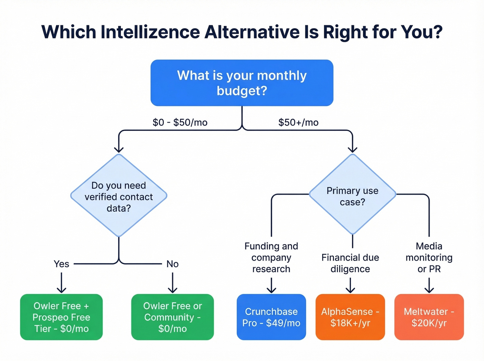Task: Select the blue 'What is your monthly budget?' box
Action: tap(242, 83)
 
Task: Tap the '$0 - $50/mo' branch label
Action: tap(180, 122)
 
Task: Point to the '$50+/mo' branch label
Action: tap(298, 122)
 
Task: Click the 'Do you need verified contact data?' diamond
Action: tap(119, 196)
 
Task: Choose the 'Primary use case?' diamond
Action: tap(352, 195)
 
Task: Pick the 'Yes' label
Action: tap(62, 264)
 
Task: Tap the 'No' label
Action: tap(173, 264)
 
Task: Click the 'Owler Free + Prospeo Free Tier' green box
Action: tap(62, 317)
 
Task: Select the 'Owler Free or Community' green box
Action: tap(173, 317)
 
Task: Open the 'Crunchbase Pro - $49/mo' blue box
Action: tap(271, 317)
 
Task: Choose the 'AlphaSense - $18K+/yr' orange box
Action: tap(350, 317)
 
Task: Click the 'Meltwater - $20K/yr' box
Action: tap(429, 317)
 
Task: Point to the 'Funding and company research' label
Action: tap(271, 257)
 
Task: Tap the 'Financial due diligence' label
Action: tap(350, 263)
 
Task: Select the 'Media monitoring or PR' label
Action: tap(429, 257)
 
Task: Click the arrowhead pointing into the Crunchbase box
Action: tap(271, 290)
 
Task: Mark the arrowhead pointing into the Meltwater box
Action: tap(429, 290)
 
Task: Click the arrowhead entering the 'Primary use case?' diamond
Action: tap(352, 150)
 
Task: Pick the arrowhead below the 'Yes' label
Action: tap(62, 290)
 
